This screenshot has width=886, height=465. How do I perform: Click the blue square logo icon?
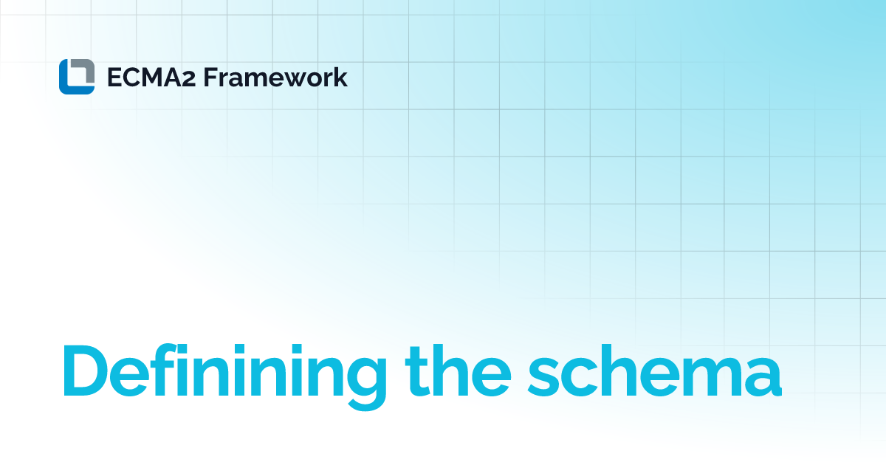pyautogui.click(x=77, y=77)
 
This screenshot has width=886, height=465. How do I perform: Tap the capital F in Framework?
pyautogui.click(x=210, y=77)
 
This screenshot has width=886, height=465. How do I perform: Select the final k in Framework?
pyautogui.click(x=340, y=77)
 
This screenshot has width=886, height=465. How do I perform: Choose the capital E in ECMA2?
pyautogui.click(x=114, y=77)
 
